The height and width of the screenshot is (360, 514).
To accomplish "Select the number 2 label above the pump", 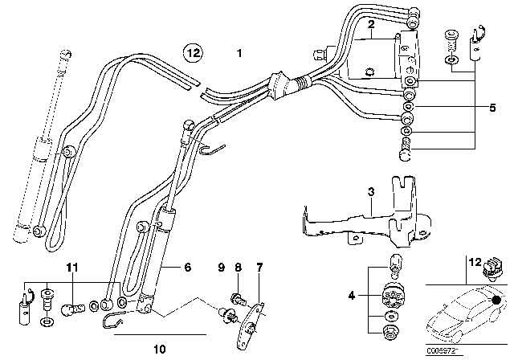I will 370,26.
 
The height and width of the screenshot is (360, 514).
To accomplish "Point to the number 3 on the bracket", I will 371,192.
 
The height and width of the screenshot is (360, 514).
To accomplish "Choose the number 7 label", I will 259,266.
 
